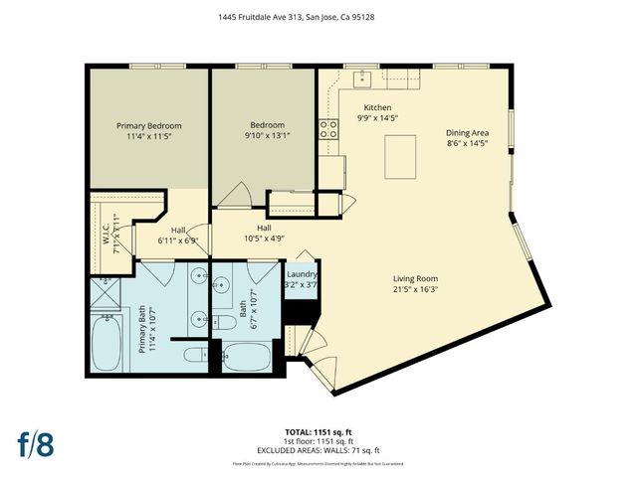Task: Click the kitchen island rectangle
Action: [400, 156]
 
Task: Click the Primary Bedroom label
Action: [149, 125]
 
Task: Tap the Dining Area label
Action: [466, 132]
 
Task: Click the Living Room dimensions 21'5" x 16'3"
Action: [413, 289]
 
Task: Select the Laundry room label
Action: [302, 274]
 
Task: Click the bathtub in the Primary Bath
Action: [106, 342]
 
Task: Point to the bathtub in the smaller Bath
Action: [248, 354]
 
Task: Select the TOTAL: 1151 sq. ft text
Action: [318, 431]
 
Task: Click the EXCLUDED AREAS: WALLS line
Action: [318, 450]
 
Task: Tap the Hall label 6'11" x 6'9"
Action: [178, 239]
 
